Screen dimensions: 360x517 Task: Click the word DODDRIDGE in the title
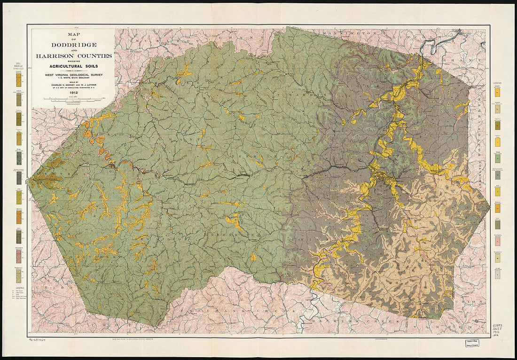(74, 44)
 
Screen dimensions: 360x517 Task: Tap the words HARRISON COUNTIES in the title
(74, 55)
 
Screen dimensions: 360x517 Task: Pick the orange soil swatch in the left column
(19, 217)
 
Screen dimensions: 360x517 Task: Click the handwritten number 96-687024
(40, 339)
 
